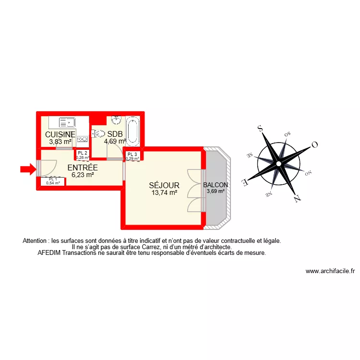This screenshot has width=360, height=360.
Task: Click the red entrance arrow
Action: point(28,168)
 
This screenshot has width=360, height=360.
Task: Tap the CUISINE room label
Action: point(60,134)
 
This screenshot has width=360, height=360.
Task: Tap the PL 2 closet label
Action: point(83,153)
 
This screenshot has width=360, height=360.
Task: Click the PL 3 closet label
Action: point(132,155)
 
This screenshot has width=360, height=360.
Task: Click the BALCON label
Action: point(216,185)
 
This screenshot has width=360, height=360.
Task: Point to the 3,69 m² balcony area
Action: point(216,191)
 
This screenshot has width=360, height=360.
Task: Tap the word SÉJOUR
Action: point(164,185)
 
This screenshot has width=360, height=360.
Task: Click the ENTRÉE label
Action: point(83,168)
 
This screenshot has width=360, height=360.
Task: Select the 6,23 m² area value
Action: point(83,175)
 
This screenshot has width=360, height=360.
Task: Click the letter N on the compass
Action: point(298,197)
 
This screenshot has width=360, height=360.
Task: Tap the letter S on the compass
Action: point(261,128)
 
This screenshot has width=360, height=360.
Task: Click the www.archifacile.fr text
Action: point(330,271)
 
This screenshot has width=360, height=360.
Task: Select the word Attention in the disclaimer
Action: point(36,241)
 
